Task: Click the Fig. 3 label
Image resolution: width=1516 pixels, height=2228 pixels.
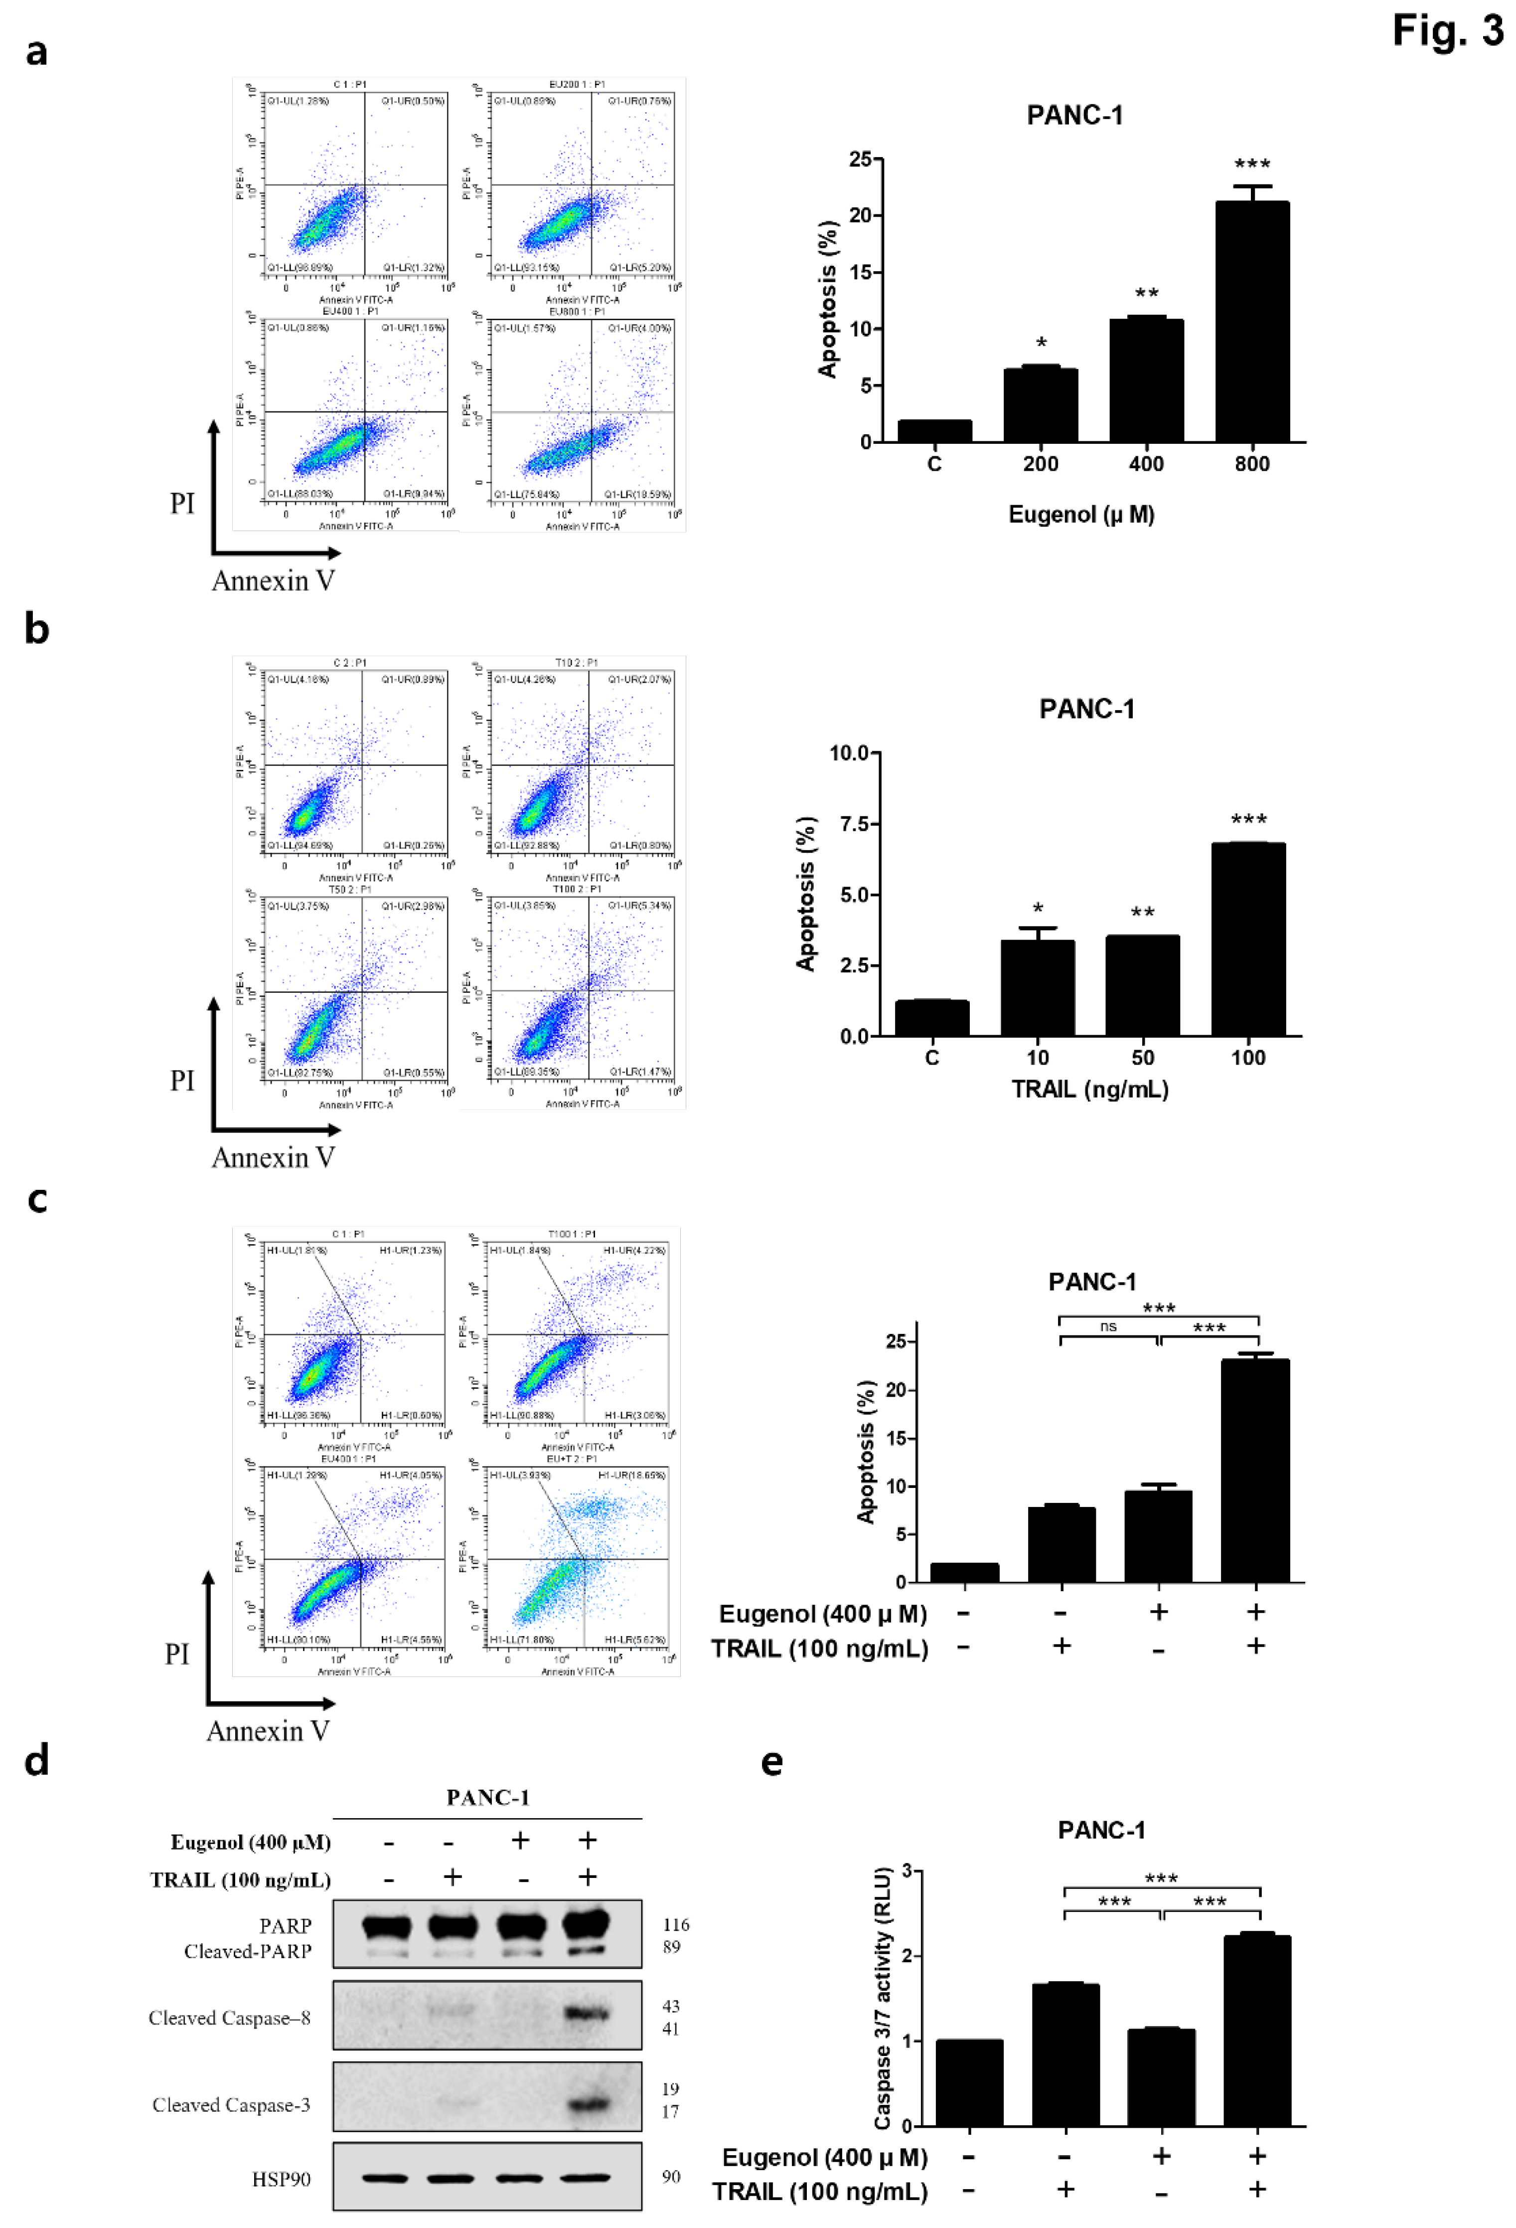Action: [x=1447, y=31]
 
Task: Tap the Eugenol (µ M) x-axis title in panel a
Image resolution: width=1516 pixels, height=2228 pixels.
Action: [x=1081, y=515]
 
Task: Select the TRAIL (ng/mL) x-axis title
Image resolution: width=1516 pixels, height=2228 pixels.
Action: [x=1089, y=1089]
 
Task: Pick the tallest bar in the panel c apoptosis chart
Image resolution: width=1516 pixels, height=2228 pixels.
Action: [x=1254, y=1470]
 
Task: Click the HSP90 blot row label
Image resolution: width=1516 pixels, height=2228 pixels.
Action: [x=281, y=2179]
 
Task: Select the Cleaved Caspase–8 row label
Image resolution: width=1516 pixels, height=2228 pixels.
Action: [x=229, y=2018]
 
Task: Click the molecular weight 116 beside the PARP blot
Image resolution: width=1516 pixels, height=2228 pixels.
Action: [x=676, y=1924]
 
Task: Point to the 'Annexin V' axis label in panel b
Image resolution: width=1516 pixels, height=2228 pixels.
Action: [x=273, y=1158]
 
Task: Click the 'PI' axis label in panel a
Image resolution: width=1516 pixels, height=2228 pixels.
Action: [x=182, y=503]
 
